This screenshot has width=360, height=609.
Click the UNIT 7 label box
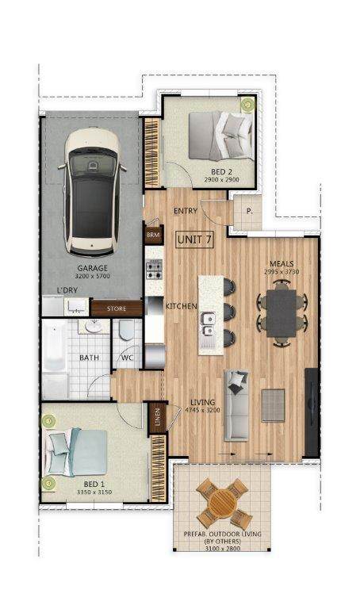pyautogui.click(x=194, y=239)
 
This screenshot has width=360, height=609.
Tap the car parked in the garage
pyautogui.click(x=93, y=192)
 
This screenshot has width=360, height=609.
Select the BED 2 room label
pyautogui.click(x=222, y=171)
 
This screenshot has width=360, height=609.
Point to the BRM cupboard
pyautogui.click(x=153, y=235)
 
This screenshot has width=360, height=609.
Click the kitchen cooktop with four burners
pyautogui.click(x=154, y=270)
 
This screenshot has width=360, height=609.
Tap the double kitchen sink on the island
pyautogui.click(x=208, y=324)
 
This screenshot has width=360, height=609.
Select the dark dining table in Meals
pyautogui.click(x=282, y=313)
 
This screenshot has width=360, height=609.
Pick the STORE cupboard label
pyautogui.click(x=117, y=308)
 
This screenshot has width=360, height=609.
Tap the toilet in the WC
pyautogui.click(x=127, y=330)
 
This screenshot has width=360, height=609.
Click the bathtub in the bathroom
pyautogui.click(x=55, y=346)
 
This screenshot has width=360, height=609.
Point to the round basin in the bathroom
pyautogui.click(x=94, y=327)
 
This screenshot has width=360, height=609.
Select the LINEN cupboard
pyautogui.click(x=158, y=417)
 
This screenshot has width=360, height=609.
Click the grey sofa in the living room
pyautogui.click(x=236, y=406)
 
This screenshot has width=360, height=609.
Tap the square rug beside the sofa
pyautogui.click(x=273, y=405)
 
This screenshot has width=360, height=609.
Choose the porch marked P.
pyautogui.click(x=247, y=212)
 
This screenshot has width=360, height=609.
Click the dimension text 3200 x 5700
pyautogui.click(x=93, y=276)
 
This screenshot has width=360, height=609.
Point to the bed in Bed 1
pyautogui.click(x=76, y=452)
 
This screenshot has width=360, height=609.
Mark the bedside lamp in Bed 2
pyautogui.click(x=247, y=104)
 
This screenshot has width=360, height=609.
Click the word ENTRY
pyautogui.click(x=186, y=211)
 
